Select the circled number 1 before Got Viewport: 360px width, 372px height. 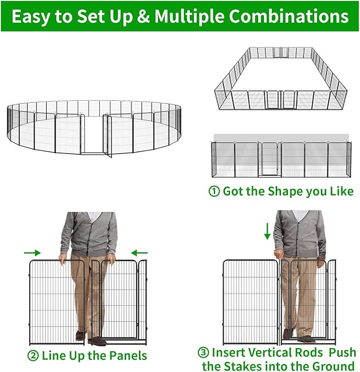click(x=215, y=191)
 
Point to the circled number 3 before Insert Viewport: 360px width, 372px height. click(x=204, y=352)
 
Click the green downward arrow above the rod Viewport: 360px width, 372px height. click(x=267, y=231)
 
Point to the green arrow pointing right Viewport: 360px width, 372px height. click(x=32, y=253)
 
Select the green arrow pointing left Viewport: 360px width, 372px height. click(x=139, y=253)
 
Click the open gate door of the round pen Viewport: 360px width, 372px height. click(x=108, y=136)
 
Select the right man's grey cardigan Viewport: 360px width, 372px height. click(x=300, y=233)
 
